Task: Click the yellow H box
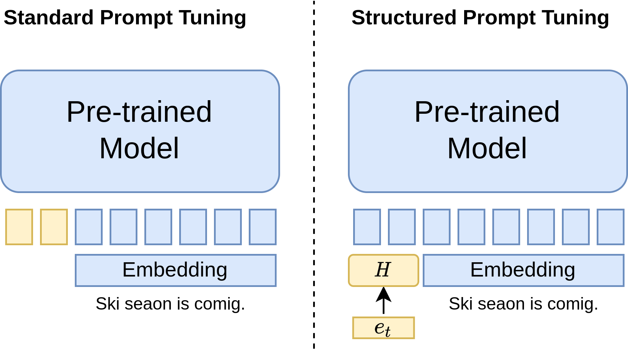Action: [383, 270]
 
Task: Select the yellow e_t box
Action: [383, 328]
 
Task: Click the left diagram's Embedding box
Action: [175, 270]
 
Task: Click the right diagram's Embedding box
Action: [523, 270]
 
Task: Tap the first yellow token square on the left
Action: [19, 227]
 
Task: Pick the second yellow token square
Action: [54, 227]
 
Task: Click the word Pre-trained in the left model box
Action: [139, 112]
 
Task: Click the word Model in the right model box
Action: [487, 149]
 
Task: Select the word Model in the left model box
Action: [139, 149]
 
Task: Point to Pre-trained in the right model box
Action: [487, 112]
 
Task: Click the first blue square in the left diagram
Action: [89, 227]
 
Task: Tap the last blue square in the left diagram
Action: [263, 227]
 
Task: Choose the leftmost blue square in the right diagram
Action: [367, 227]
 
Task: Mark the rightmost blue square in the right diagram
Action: [611, 227]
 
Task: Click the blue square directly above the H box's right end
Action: [402, 227]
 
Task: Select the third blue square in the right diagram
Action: [437, 227]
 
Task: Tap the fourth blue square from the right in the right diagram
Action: [506, 227]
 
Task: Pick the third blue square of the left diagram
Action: [158, 227]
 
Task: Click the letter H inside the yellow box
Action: [383, 270]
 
